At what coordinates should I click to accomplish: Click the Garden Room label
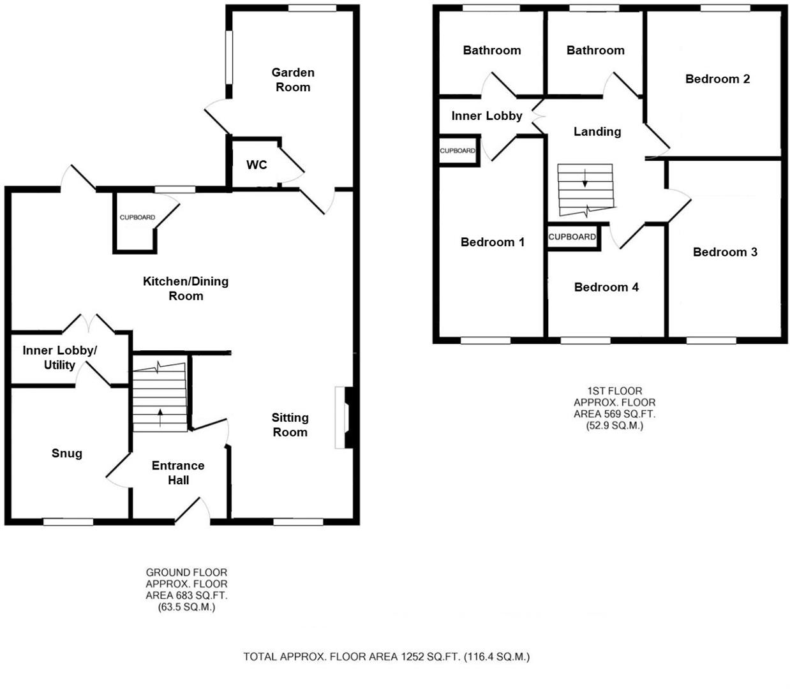point(293,80)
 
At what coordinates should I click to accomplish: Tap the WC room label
point(257,165)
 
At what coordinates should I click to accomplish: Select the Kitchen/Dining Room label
point(186,288)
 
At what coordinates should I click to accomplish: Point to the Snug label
point(67,453)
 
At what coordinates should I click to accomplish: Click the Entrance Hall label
point(178,473)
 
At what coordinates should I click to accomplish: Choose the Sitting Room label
point(290,425)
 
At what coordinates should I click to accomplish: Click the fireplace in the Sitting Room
point(345,418)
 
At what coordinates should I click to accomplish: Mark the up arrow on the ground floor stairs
point(160,417)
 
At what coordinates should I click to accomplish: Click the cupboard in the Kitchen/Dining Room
point(137,221)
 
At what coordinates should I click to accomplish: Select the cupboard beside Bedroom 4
point(572,237)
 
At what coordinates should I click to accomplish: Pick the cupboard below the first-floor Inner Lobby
point(458,151)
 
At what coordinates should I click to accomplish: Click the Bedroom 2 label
point(717,79)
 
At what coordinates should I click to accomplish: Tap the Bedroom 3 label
point(725,252)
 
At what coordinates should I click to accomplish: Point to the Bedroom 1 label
point(492,242)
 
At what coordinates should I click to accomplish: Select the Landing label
point(597,131)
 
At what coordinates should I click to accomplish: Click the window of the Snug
point(68,522)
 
